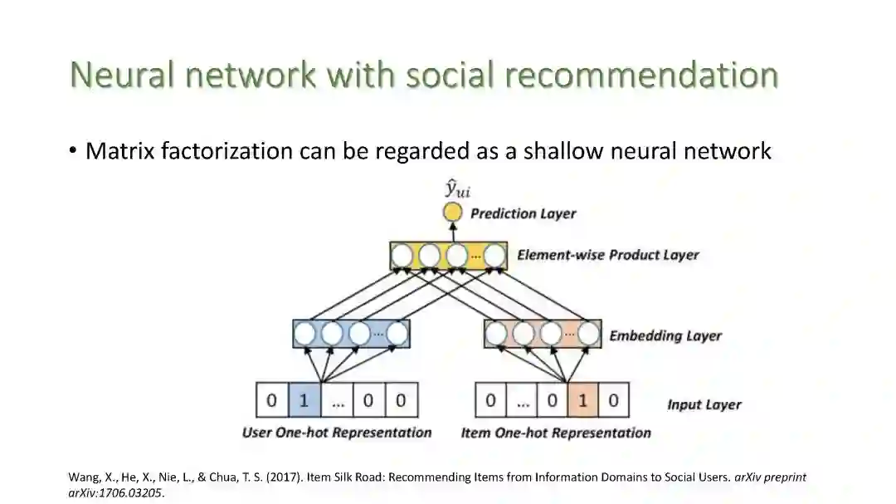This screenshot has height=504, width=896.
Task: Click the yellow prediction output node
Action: [453, 213]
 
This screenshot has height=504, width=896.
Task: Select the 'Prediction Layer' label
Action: [523, 213]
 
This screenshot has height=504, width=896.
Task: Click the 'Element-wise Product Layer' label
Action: [607, 255]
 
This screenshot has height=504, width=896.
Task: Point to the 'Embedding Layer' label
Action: [665, 335]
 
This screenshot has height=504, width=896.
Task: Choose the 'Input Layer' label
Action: [704, 404]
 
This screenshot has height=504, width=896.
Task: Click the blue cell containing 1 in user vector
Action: [304, 400]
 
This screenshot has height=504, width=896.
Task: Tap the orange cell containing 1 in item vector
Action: [582, 400]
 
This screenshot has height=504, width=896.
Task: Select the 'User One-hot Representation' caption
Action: [337, 433]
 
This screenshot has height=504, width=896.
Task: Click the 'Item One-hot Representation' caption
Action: [556, 433]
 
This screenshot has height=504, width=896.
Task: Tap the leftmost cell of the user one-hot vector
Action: [271, 400]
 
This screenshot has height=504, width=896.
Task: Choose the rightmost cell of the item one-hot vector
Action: [613, 400]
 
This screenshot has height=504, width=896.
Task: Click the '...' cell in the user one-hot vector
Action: [337, 400]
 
